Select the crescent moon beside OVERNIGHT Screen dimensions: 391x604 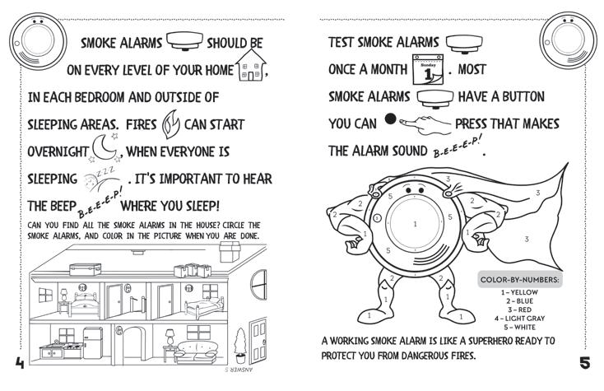pyautogui.click(x=107, y=150)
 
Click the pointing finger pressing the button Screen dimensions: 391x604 pyautogui.click(x=425, y=123)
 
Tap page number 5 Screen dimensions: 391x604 pyautogui.click(x=585, y=363)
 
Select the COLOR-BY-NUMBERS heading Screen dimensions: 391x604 pyautogui.click(x=520, y=281)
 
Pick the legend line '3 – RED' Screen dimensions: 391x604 pyautogui.click(x=520, y=309)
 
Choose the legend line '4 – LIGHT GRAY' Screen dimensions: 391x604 pyautogui.click(x=520, y=317)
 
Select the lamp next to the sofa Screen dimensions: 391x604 pyautogui.click(x=170, y=337)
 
